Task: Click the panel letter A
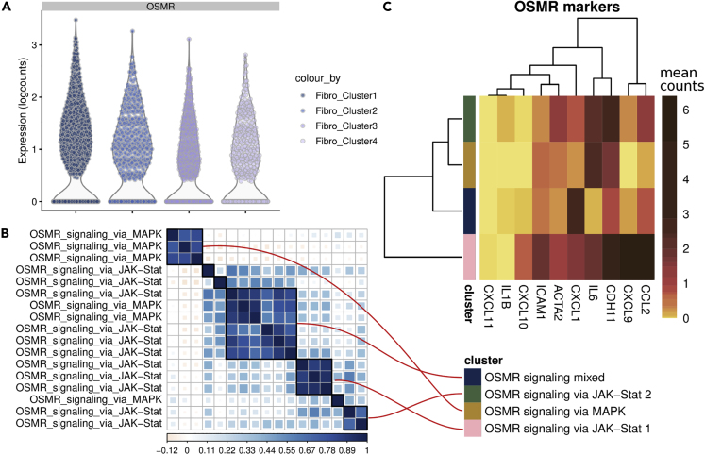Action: click(x=7, y=8)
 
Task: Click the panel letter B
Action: click(x=7, y=231)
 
